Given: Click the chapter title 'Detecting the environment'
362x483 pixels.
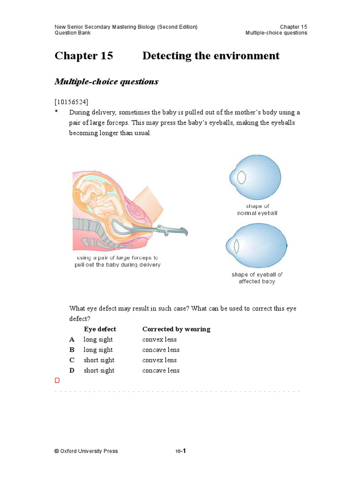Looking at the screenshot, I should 211,56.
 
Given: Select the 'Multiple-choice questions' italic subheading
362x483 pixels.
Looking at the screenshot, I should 107,82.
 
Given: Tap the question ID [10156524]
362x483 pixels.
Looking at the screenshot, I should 71,101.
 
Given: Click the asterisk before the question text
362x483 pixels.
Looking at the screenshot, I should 56,112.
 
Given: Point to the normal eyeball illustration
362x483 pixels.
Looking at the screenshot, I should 256,178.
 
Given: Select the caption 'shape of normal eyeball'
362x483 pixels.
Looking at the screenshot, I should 257,209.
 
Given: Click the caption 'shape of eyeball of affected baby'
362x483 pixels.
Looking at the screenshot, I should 257,278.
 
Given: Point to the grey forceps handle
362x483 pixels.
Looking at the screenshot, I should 170,231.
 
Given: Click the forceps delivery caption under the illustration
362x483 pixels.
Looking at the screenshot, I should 117,261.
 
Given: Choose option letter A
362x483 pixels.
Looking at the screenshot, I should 72,340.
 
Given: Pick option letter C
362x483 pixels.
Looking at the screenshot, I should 72,360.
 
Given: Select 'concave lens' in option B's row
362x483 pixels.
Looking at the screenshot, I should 161,350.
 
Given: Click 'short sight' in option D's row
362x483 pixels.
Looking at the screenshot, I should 99,371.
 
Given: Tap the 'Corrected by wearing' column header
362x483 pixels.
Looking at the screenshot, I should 176,329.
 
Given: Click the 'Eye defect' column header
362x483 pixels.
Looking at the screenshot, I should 100,329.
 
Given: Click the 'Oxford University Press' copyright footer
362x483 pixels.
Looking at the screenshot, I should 86,451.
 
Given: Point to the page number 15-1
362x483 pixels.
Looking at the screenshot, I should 181,451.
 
